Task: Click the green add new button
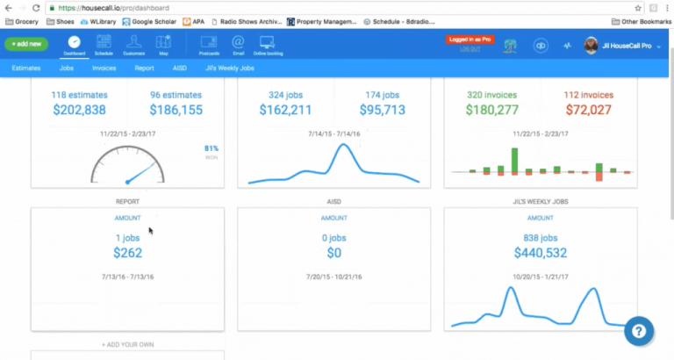pos(25,43)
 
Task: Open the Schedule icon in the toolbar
pos(104,44)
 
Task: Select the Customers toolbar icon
pos(133,44)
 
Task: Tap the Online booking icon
pos(268,44)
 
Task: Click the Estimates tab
pos(25,67)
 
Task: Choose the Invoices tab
pos(104,67)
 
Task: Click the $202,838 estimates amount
pos(79,110)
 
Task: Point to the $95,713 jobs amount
pos(383,110)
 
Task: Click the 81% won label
pos(212,149)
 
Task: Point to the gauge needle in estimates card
pos(140,172)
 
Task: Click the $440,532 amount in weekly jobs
pos(539,254)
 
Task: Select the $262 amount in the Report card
pos(127,254)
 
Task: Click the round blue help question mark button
pos(640,332)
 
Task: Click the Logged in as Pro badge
pos(470,40)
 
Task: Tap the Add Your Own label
pos(127,344)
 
